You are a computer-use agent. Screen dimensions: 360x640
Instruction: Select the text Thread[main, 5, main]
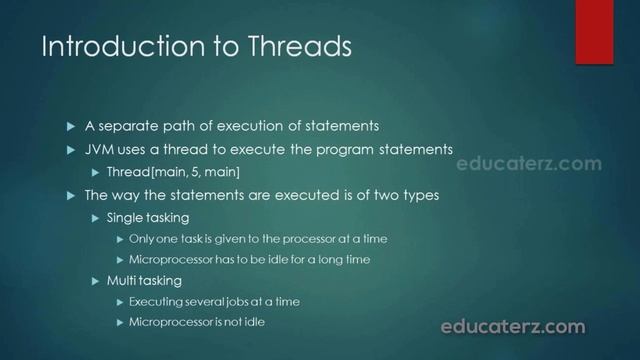[173, 172]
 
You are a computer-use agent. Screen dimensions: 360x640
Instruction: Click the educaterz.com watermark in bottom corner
[513, 326]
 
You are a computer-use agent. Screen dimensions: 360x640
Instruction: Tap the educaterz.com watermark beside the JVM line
[529, 164]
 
